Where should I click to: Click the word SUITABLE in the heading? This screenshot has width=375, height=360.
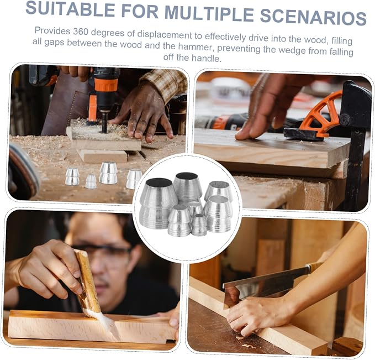coord(71,9)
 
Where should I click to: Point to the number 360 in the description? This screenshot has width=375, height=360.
coord(81,32)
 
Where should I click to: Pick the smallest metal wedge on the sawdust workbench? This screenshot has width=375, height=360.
coord(91,181)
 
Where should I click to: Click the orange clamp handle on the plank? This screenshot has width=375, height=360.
coord(320,113)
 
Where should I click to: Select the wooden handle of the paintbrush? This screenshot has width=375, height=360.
coord(87,280)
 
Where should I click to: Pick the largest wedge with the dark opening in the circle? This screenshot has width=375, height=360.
coord(158,203)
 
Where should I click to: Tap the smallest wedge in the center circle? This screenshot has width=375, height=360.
coord(199,225)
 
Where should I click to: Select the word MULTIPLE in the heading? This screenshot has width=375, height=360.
coord(209,13)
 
